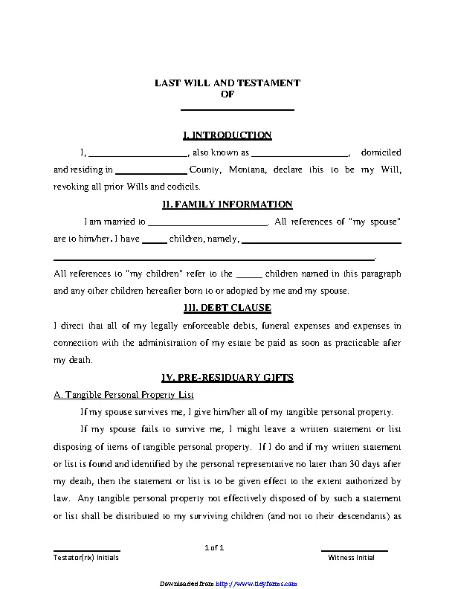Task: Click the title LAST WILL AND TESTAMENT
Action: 227,83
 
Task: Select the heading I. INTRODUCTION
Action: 227,135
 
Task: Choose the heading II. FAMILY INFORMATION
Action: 227,205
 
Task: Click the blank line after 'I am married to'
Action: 207,223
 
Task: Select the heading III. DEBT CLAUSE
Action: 227,308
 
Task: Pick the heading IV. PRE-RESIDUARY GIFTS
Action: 227,378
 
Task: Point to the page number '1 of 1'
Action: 214,548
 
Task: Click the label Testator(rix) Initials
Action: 85,557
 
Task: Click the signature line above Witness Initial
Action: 355,550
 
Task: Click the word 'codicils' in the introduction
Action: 184,187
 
